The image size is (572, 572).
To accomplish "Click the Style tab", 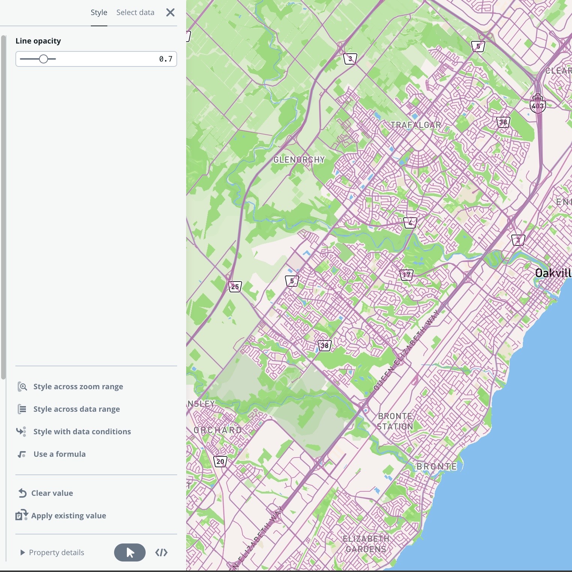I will [99, 12].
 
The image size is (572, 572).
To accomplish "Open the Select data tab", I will [135, 12].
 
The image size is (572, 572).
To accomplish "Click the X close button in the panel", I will [170, 12].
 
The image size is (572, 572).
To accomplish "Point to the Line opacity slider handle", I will [44, 59].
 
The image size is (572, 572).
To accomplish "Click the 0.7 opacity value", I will [166, 59].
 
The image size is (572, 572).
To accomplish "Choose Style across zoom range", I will [78, 387].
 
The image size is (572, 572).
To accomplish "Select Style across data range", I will [76, 409].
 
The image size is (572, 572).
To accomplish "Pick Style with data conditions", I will [82, 432].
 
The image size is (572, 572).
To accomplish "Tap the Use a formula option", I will [59, 454].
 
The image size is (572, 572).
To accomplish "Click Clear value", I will [52, 493].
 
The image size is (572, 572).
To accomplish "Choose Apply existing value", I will [68, 516].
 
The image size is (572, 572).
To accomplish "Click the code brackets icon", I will [161, 552].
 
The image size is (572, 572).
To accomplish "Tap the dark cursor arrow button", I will [130, 552].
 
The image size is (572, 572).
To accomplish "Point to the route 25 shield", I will [235, 287].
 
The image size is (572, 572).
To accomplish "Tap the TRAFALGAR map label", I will [415, 125].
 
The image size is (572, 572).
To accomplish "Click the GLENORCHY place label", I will [299, 160].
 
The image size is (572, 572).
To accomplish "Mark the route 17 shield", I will [406, 275].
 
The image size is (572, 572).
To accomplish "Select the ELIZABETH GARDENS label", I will [366, 544].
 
